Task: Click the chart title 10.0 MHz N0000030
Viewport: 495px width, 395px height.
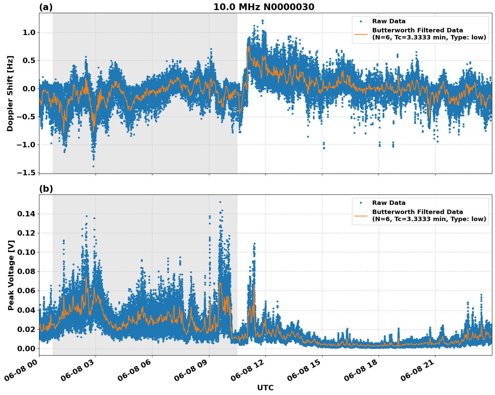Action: click(264, 7)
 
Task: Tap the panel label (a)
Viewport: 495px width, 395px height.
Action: click(46, 7)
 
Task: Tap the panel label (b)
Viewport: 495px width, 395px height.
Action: click(46, 189)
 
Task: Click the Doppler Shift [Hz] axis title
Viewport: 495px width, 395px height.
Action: click(10, 93)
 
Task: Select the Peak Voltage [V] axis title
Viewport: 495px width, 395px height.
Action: click(11, 275)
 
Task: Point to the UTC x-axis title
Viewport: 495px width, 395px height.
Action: click(265, 388)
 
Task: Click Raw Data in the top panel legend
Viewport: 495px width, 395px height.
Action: click(389, 22)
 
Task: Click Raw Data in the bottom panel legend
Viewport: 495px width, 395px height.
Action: click(389, 203)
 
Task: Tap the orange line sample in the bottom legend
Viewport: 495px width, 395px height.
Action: click(361, 215)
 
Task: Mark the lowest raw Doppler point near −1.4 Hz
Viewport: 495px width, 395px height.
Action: click(93, 166)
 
